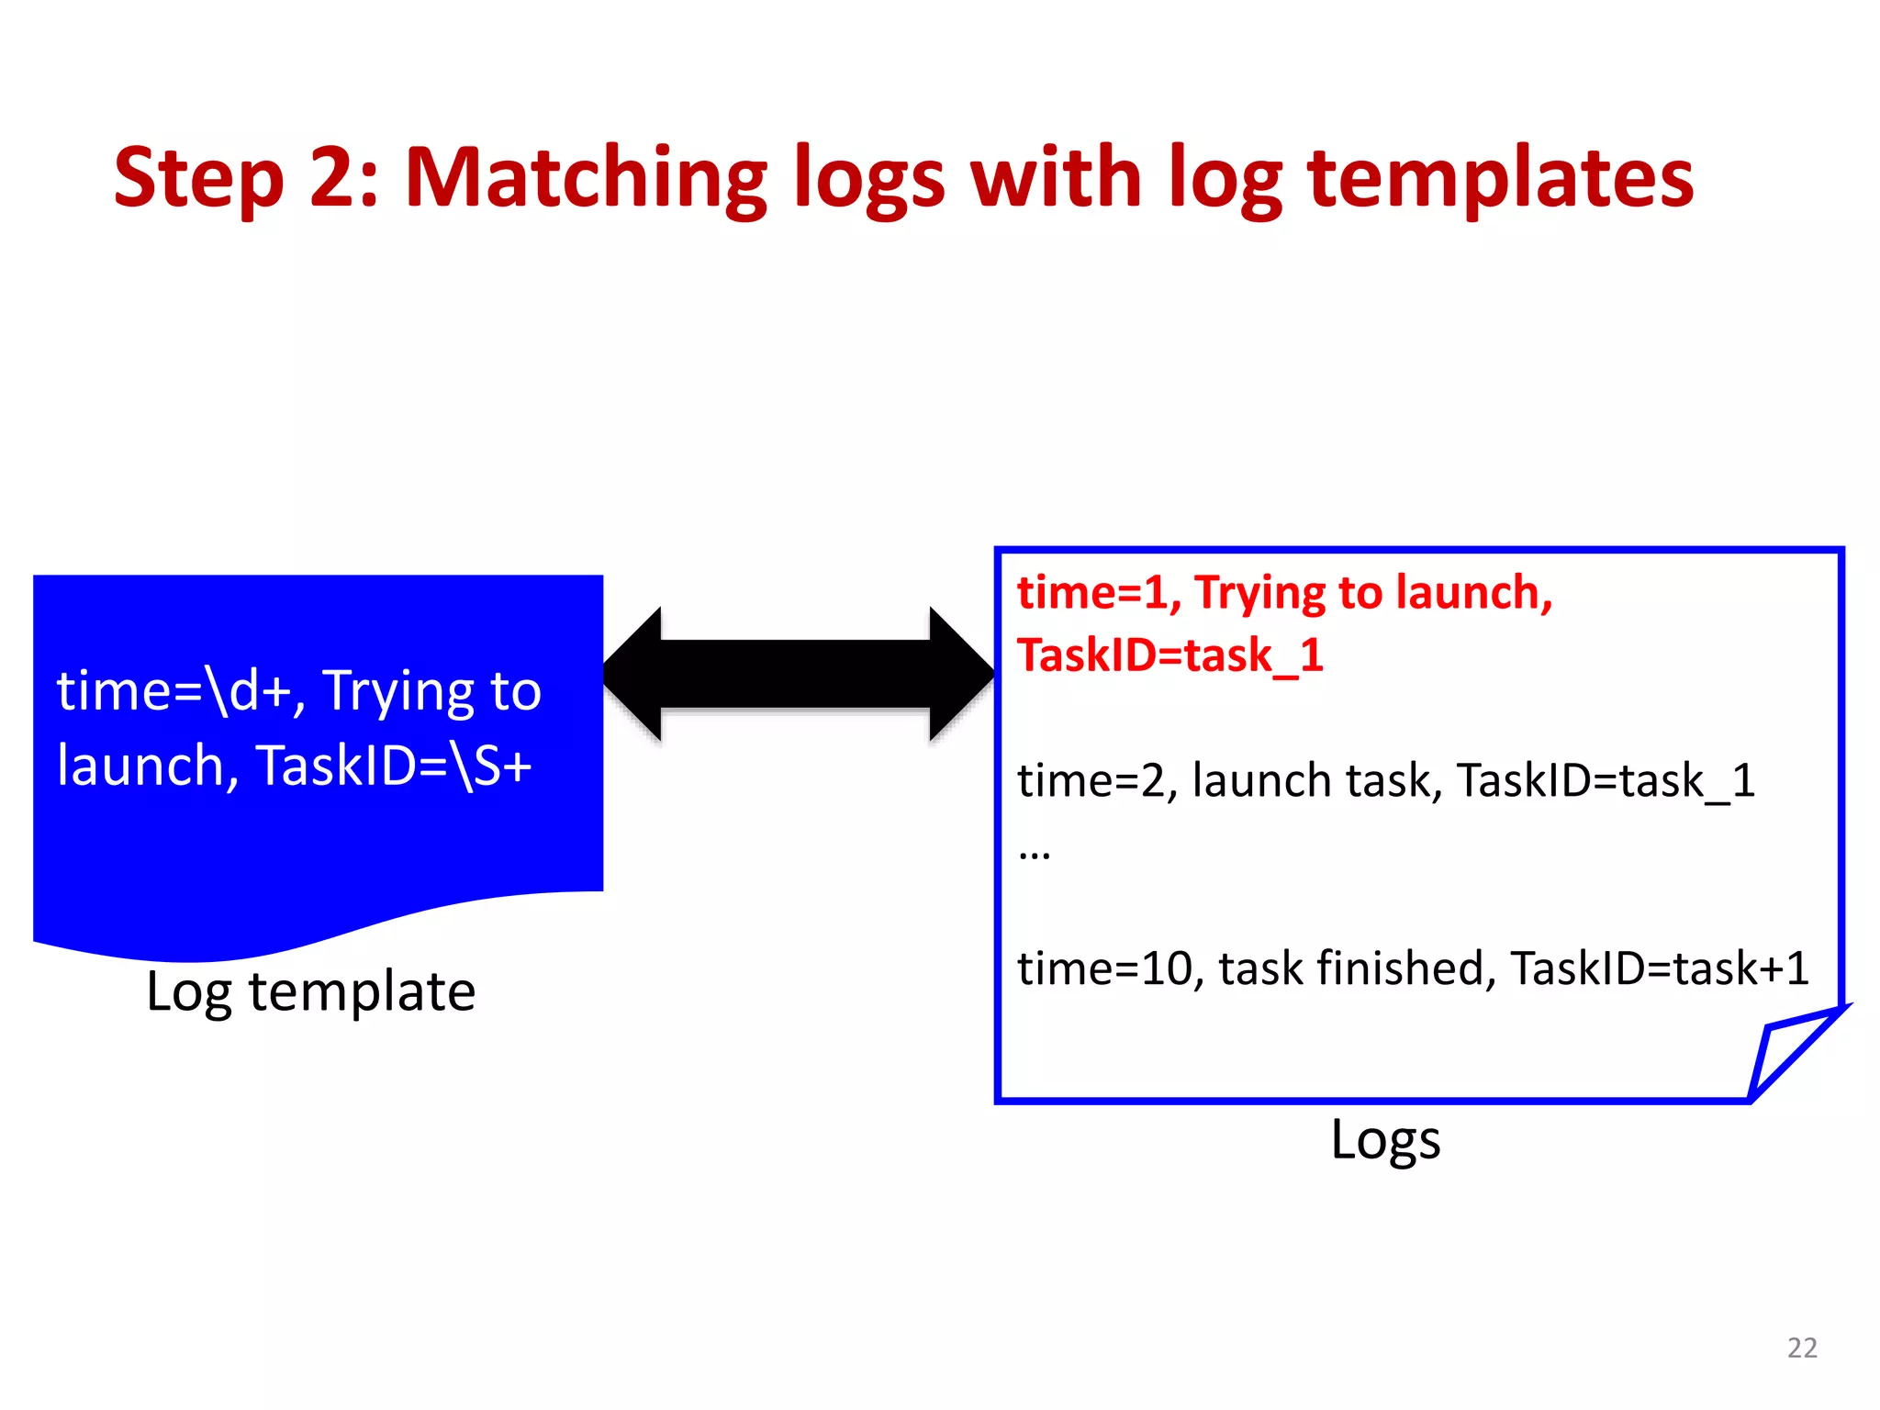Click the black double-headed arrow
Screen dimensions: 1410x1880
tap(797, 675)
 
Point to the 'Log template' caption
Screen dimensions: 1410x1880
tap(311, 991)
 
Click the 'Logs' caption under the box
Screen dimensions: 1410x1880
tap(1384, 1140)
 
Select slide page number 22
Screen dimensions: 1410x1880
tap(1802, 1348)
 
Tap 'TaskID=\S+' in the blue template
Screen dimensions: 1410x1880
tap(395, 766)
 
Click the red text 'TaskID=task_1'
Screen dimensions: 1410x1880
tap(1169, 655)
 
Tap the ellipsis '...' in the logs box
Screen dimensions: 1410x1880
tap(1035, 854)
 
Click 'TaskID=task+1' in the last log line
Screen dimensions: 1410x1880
tap(1659, 968)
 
